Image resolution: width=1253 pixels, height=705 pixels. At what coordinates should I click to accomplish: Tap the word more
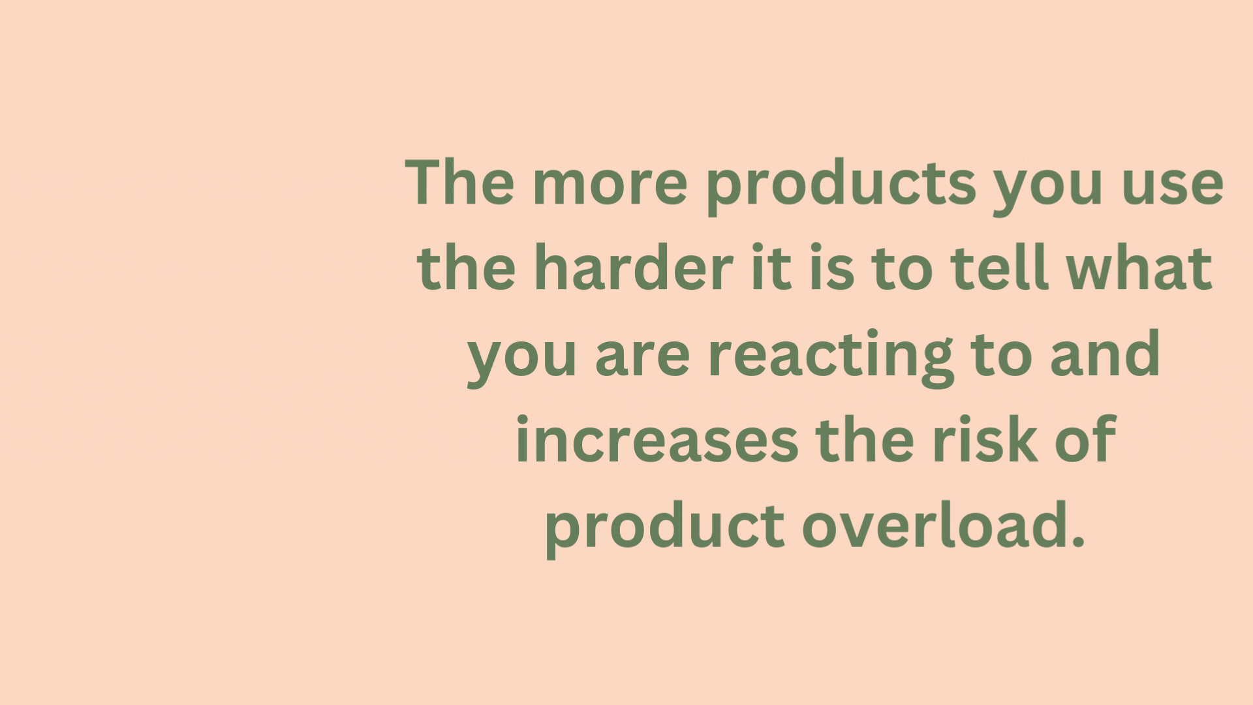pos(610,186)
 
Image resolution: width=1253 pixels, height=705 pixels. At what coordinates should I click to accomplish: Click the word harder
pos(633,267)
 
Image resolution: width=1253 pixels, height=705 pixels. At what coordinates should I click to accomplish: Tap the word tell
pos(999,267)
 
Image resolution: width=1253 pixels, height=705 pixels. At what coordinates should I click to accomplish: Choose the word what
pos(1139,267)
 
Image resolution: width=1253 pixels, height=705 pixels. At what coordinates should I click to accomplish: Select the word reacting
pos(831,358)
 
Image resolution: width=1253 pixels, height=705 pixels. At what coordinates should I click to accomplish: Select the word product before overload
pos(665,529)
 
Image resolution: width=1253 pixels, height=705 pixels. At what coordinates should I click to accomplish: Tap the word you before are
pos(522,363)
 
